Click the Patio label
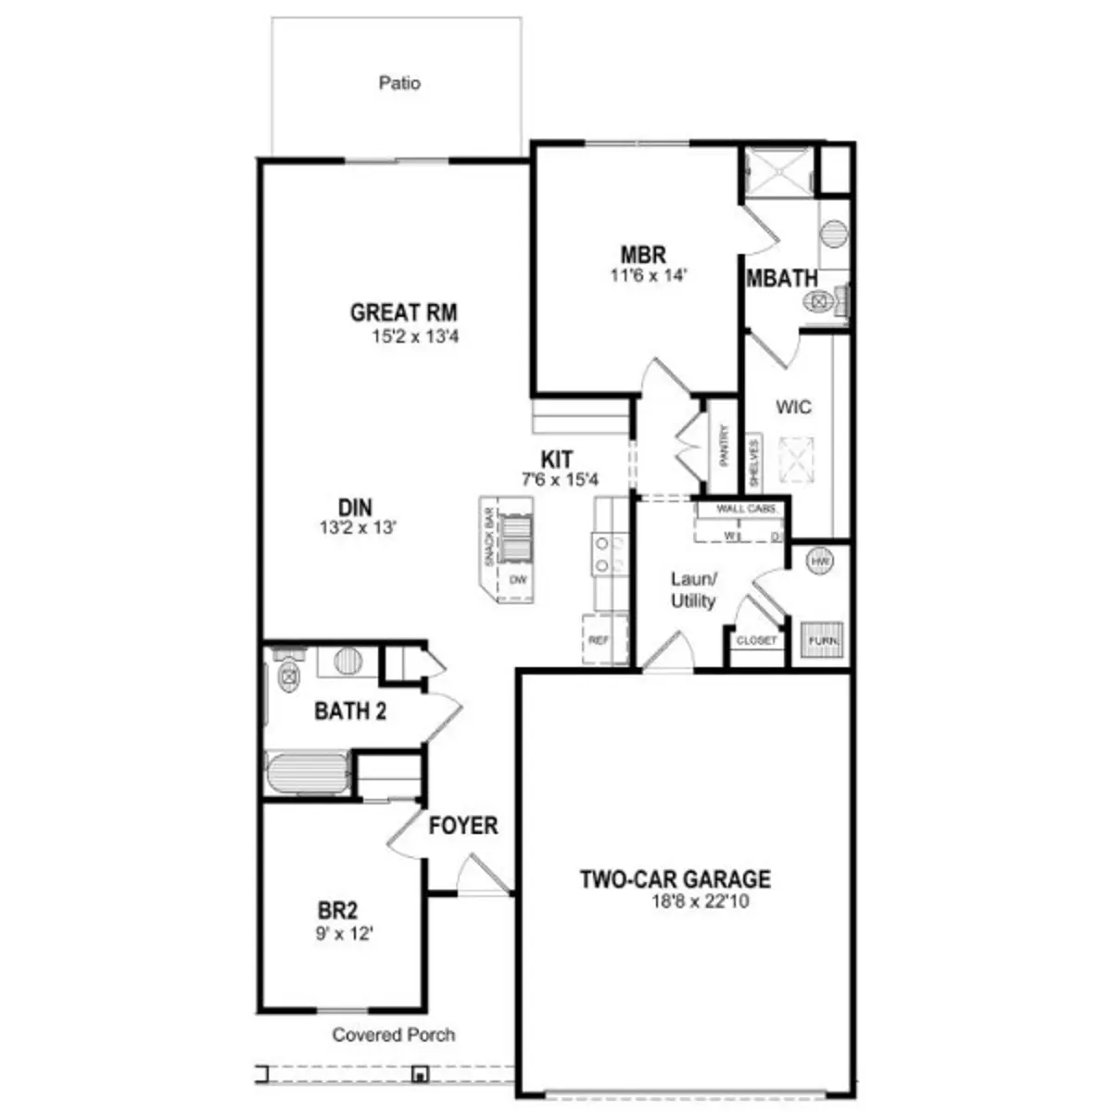click(399, 83)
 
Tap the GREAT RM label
click(403, 313)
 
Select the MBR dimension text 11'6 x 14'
click(648, 275)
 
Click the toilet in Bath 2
click(288, 676)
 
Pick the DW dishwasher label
click(517, 581)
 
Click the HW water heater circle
click(820, 562)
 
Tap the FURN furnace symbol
click(822, 639)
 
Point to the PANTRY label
click(724, 446)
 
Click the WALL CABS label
click(746, 509)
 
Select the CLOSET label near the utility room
click(756, 640)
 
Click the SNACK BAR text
click(487, 537)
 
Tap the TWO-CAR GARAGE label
click(676, 878)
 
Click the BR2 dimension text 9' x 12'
click(344, 934)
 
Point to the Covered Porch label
click(394, 1034)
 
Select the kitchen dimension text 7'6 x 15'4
click(560, 479)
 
